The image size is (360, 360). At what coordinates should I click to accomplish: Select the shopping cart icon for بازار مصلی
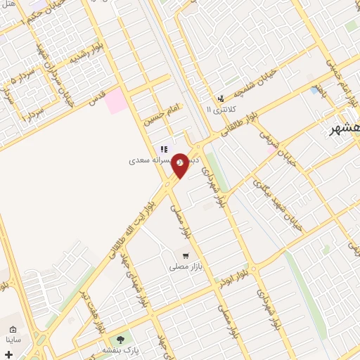point(186,256)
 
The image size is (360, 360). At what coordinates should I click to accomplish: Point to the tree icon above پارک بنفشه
point(120,340)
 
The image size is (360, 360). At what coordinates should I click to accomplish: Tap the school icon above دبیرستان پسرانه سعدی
point(163,149)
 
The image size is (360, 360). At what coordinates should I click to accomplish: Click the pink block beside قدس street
point(116,101)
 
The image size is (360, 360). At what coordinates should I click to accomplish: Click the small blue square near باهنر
point(314,91)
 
